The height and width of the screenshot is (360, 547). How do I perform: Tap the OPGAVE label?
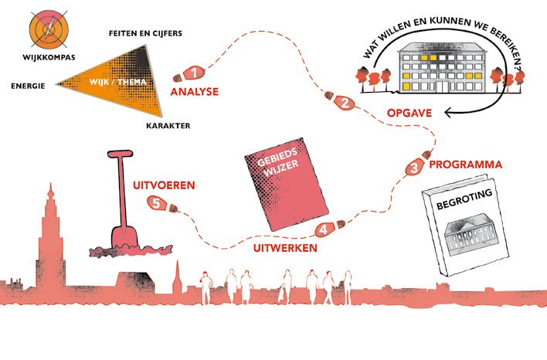[406, 114]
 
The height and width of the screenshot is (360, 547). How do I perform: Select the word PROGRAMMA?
[466, 165]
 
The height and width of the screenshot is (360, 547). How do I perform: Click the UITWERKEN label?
[285, 247]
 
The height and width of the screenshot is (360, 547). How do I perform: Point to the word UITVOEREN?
[163, 185]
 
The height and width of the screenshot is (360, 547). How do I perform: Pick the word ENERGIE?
[29, 86]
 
